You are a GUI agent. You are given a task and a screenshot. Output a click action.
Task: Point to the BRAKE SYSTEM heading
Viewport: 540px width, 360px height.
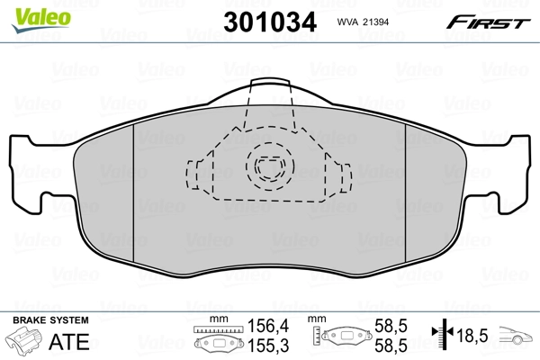coord(49,320)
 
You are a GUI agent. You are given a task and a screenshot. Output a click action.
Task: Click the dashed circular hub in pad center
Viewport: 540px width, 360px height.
coord(267,166)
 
